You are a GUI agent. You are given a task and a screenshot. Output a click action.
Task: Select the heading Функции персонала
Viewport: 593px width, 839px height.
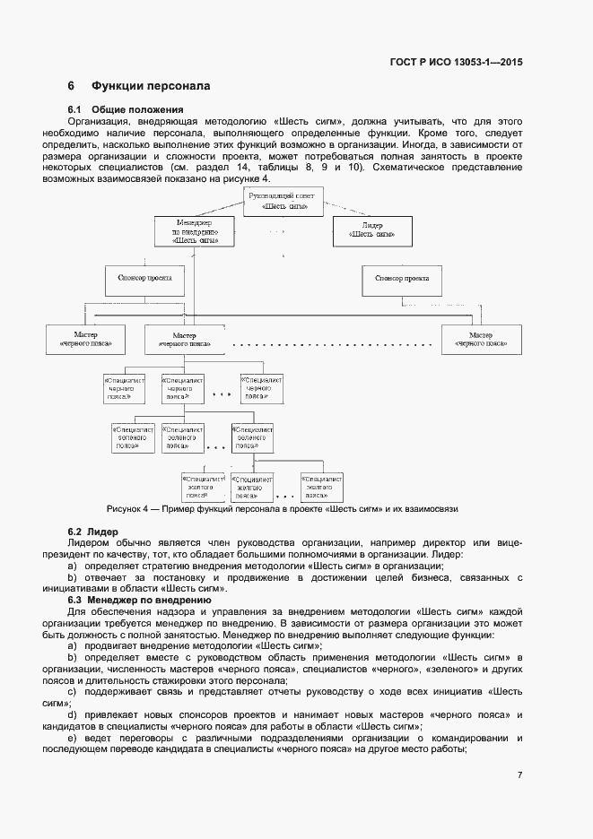pos(150,87)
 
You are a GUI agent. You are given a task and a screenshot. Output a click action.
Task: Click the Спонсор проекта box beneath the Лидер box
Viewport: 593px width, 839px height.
pos(401,279)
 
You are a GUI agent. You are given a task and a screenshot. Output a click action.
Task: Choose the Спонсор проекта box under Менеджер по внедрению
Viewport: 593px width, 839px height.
pos(144,279)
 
